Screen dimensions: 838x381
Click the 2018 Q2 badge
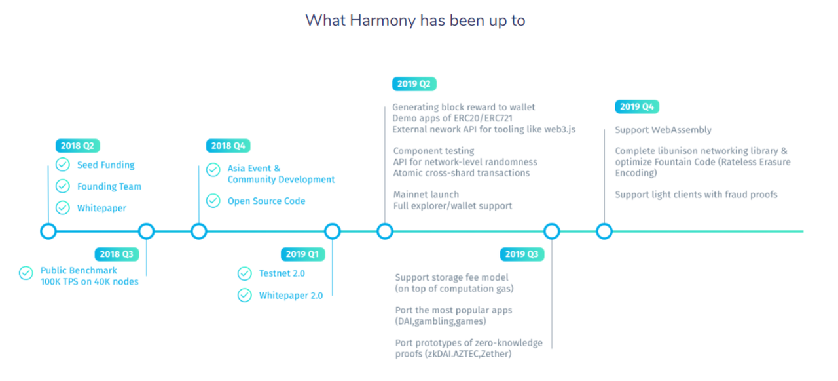coord(78,146)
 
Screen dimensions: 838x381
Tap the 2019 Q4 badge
coord(637,107)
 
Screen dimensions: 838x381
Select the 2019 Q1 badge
coord(302,254)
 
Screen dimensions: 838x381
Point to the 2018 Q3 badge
coord(117,254)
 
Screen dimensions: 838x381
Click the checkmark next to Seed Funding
coord(63,165)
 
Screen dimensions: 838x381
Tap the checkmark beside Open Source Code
coord(213,201)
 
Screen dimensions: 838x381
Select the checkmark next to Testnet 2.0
coord(245,273)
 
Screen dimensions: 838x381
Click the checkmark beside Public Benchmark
coord(26,273)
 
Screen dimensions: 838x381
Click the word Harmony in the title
coord(382,21)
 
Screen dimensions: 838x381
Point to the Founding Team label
coord(109,186)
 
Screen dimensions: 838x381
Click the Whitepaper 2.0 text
coord(291,296)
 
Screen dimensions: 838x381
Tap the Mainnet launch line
coord(426,194)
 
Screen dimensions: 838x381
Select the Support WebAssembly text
coord(663,130)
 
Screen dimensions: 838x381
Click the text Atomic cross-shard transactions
coord(462,173)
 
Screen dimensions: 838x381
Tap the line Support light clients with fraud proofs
coord(696,195)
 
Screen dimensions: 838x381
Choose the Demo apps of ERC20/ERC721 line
coord(452,119)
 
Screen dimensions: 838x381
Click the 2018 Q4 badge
coord(228,146)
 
